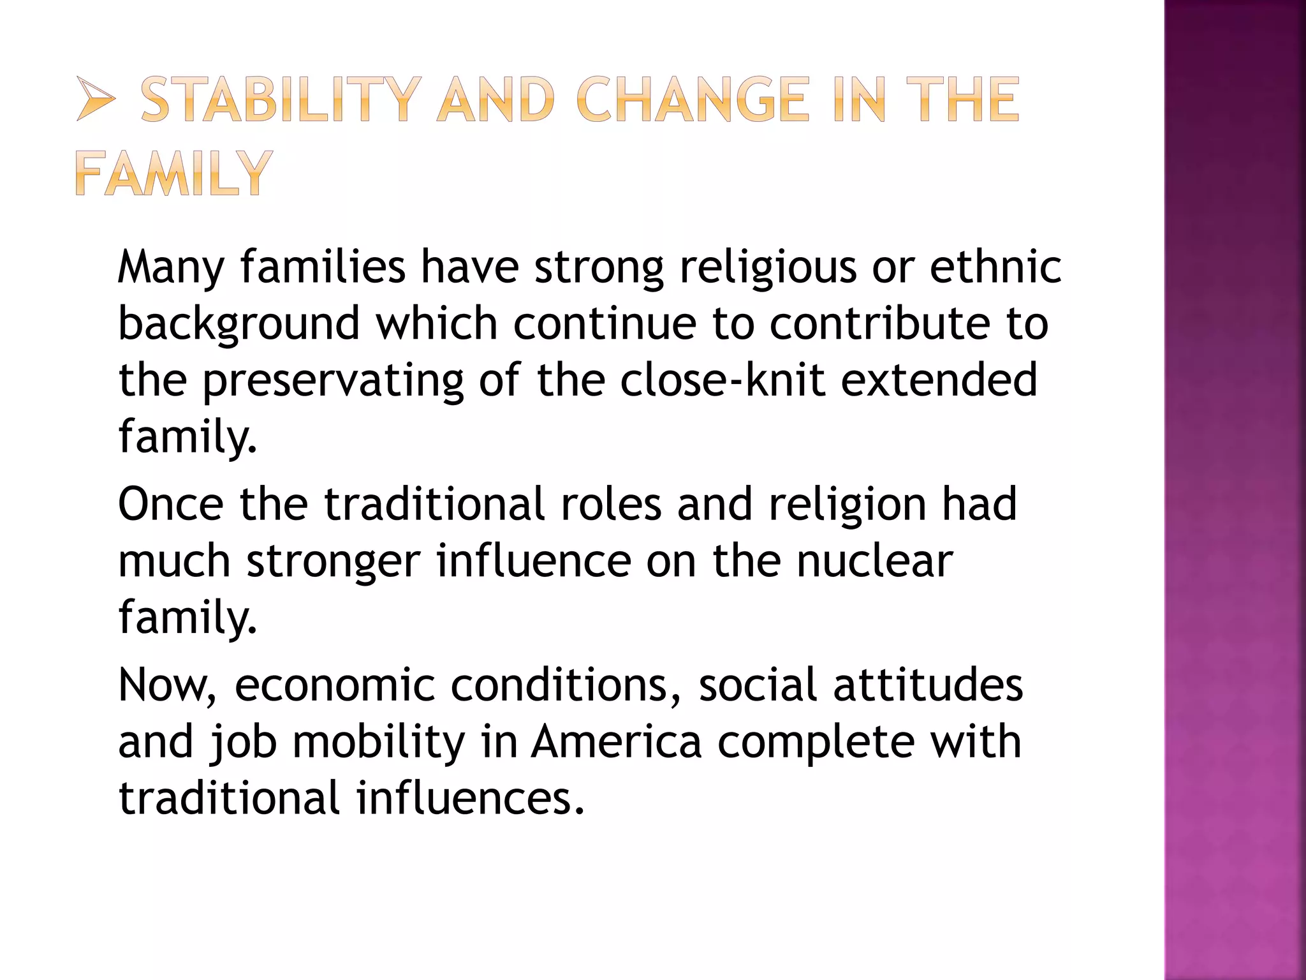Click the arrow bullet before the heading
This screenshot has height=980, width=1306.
96,100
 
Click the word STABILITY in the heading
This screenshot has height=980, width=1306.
281,100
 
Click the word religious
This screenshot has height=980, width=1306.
768,268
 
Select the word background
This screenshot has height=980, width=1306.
239,324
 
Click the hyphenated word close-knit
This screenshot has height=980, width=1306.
722,380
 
